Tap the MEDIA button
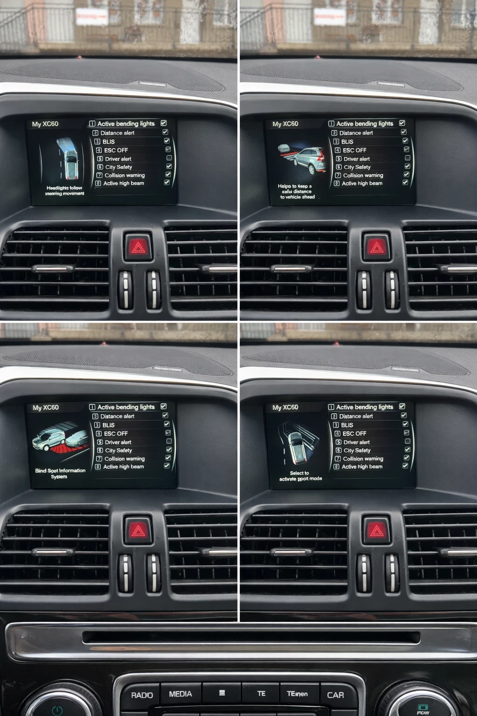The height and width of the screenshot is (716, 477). click(180, 694)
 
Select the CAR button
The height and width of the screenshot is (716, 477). click(335, 695)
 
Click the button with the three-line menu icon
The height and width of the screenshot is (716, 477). click(222, 693)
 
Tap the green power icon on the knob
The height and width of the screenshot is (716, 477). click(57, 710)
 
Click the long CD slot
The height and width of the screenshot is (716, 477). click(252, 637)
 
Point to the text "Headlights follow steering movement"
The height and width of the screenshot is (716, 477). click(64, 191)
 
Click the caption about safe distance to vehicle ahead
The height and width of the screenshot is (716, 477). click(297, 191)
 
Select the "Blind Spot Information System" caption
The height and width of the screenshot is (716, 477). click(60, 473)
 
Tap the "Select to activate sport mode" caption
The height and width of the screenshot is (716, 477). click(300, 475)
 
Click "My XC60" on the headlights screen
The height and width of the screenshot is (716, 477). click(45, 124)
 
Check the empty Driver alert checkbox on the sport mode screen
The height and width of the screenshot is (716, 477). click(408, 441)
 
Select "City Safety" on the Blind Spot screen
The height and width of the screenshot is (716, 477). click(118, 450)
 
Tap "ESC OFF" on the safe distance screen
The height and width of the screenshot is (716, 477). click(354, 150)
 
